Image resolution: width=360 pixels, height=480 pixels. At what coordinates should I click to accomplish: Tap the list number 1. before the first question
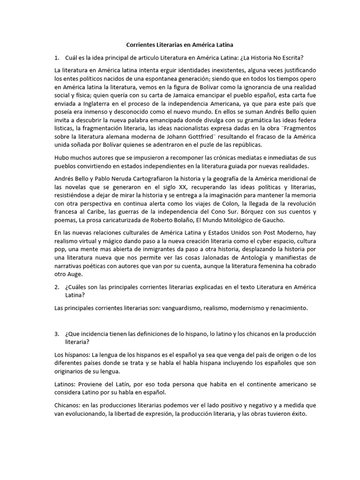58,58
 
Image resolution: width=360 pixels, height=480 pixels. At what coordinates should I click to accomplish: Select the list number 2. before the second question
58,287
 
